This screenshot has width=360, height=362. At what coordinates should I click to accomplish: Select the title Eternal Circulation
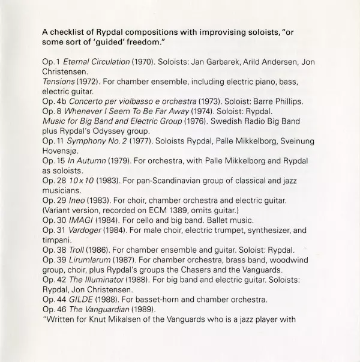96,62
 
